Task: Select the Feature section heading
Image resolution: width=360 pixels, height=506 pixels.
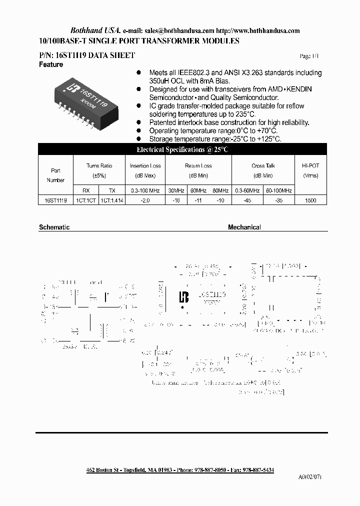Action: point(51,65)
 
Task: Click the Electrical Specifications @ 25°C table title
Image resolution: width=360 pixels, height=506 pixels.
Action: point(182,149)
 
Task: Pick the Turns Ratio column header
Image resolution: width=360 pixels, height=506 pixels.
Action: point(99,165)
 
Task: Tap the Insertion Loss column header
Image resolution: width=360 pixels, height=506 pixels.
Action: point(145,165)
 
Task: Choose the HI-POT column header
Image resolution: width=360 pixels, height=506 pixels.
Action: point(310,165)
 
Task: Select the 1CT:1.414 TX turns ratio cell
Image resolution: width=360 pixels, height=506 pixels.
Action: point(112,200)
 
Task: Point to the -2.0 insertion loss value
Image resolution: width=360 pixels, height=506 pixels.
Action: point(145,200)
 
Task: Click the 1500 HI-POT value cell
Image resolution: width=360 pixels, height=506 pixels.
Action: point(310,200)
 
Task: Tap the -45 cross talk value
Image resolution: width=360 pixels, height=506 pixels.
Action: point(247,200)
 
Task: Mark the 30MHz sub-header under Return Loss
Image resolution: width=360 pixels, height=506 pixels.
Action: point(176,190)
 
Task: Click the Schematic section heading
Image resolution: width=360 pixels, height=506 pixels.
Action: point(54,227)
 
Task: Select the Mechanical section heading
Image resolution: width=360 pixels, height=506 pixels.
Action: point(244,227)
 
